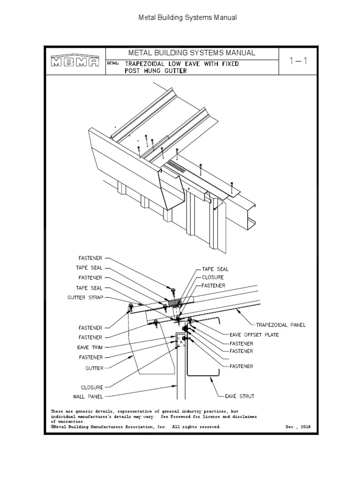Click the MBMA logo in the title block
(x=75, y=62)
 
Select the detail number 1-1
(x=298, y=61)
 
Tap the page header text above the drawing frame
(x=187, y=18)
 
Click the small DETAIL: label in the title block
(x=113, y=63)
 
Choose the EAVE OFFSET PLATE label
(x=254, y=335)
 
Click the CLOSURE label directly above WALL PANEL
(x=92, y=388)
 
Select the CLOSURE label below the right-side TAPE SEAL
(x=213, y=277)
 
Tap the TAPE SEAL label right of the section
(x=215, y=269)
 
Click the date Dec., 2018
(x=298, y=427)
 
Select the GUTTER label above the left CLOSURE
(x=94, y=368)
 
